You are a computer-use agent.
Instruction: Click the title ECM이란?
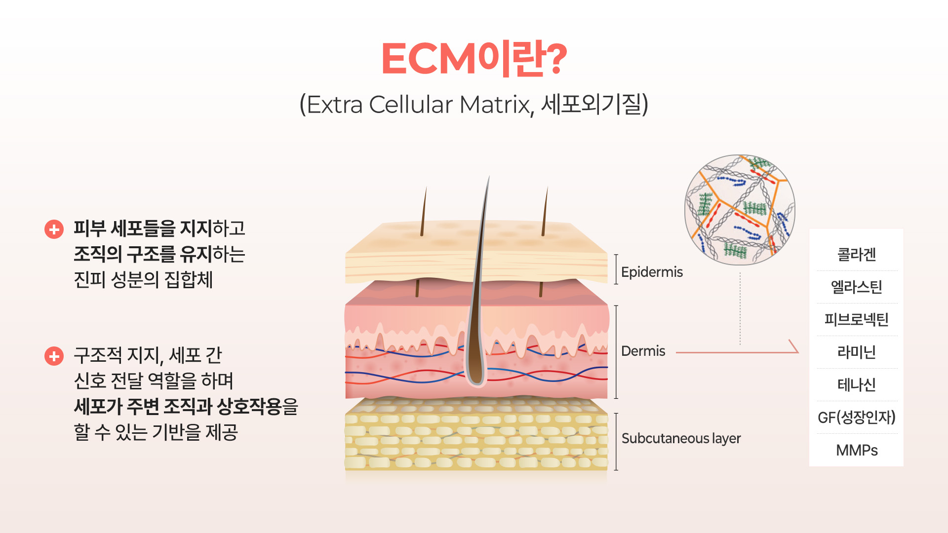point(474,59)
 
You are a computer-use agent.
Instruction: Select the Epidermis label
point(652,272)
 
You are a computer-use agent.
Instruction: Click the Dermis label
point(643,351)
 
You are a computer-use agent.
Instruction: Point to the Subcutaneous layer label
point(681,438)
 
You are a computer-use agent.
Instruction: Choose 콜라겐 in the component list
point(856,255)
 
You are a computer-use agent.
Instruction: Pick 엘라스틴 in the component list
point(856,287)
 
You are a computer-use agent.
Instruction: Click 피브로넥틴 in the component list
point(856,319)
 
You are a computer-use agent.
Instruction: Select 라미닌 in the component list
point(856,352)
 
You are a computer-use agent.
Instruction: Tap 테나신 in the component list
point(856,384)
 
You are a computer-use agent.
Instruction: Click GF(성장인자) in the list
point(856,418)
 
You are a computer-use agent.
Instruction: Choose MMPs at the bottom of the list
point(856,450)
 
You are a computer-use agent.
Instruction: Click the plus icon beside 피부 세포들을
point(54,229)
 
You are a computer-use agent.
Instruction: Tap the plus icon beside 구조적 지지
point(54,356)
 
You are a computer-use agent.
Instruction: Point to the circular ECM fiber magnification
point(740,210)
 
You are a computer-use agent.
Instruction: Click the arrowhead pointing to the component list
point(794,347)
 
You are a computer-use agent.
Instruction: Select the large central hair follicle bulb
point(476,365)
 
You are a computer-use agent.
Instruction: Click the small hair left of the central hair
point(424,212)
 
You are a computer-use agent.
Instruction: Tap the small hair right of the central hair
point(545,212)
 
